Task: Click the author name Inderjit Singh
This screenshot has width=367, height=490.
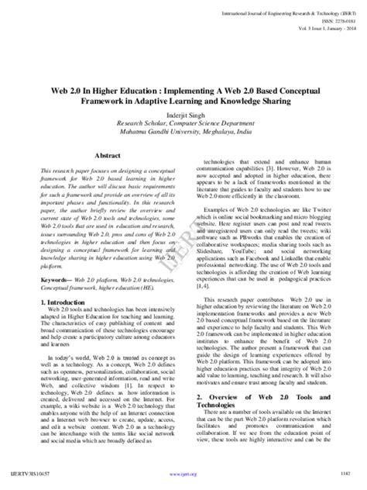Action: [183, 112]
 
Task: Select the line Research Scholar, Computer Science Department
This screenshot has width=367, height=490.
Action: [183, 122]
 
